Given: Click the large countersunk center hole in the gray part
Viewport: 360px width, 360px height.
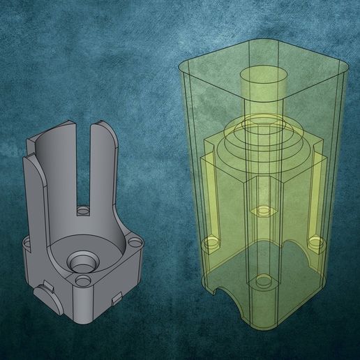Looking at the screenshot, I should tap(82, 262).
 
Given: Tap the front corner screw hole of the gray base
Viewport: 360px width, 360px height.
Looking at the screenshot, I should tap(84, 281).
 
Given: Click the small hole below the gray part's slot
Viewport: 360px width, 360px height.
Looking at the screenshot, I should tap(84, 209).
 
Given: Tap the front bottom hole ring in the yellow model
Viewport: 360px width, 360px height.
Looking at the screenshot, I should tap(263, 281).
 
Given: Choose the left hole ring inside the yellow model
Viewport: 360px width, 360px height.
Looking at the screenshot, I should tap(211, 242).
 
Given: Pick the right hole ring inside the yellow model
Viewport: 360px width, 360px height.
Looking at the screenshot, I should tap(315, 242).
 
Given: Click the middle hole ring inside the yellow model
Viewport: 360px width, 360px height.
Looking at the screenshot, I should tap(263, 210).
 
